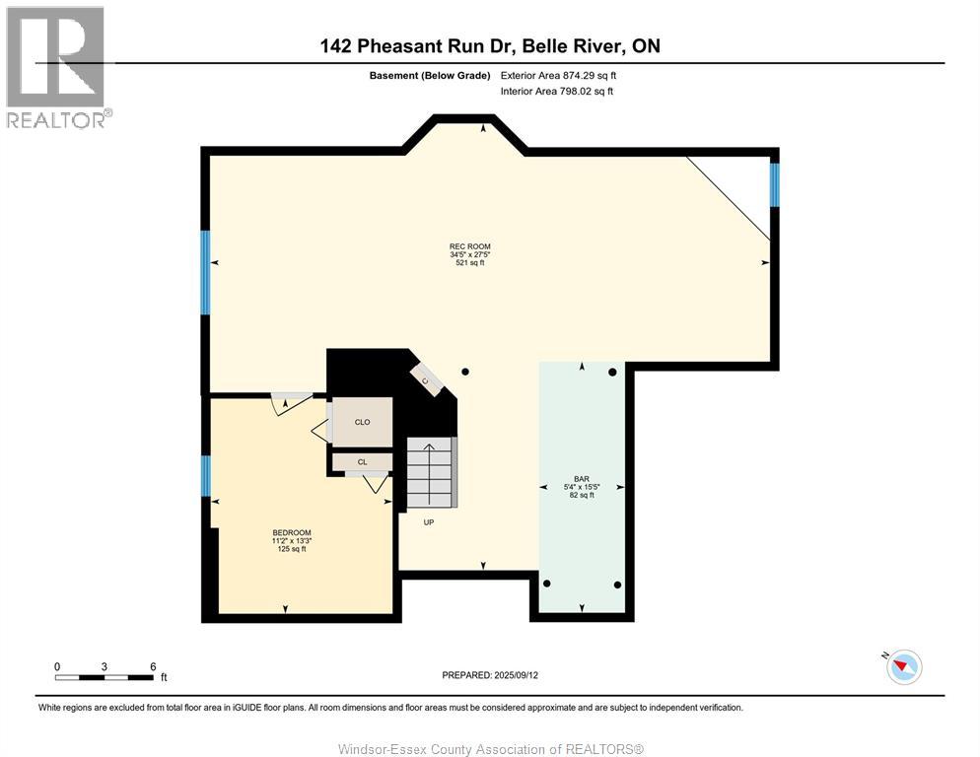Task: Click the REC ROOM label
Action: pos(470,246)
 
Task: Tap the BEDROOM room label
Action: pos(291,532)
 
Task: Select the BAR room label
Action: pos(582,479)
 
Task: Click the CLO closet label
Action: pos(363,422)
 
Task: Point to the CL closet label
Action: pos(363,462)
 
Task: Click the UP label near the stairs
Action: pos(429,522)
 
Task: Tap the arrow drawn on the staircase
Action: pos(430,465)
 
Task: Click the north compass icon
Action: pos(904,666)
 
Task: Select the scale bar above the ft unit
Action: pos(104,677)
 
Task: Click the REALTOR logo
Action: pos(57,67)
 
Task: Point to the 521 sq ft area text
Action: pos(470,263)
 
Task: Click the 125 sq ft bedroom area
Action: pos(291,549)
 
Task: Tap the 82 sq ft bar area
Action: pos(582,495)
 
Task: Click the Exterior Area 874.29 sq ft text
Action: pos(558,76)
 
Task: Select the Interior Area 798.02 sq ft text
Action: pos(556,92)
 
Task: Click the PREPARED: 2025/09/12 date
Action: pos(490,675)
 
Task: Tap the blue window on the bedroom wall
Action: pos(205,476)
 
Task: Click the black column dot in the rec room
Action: pos(465,372)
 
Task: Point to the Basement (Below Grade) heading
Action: pos(430,76)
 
